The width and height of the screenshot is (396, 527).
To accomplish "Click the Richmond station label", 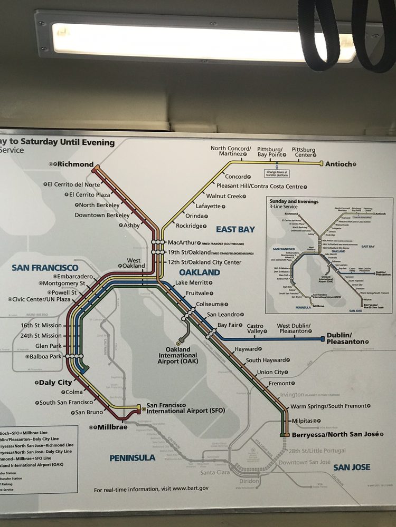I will tap(75, 164).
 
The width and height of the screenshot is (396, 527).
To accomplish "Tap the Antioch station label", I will tap(337, 164).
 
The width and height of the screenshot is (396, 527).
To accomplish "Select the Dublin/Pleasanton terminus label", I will tap(345, 338).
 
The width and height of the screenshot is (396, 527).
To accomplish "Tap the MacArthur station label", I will tap(182, 242).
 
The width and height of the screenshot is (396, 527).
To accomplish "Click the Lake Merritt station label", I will tap(193, 283).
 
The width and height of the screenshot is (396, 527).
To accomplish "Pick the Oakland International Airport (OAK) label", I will tap(181, 356).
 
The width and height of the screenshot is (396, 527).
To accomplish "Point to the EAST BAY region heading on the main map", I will tap(235, 229).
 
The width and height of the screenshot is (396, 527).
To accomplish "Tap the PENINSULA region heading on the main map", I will tap(133, 458).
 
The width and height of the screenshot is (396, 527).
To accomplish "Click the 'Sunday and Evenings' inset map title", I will tap(294, 201).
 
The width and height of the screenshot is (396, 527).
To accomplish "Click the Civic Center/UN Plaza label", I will tap(42, 299).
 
